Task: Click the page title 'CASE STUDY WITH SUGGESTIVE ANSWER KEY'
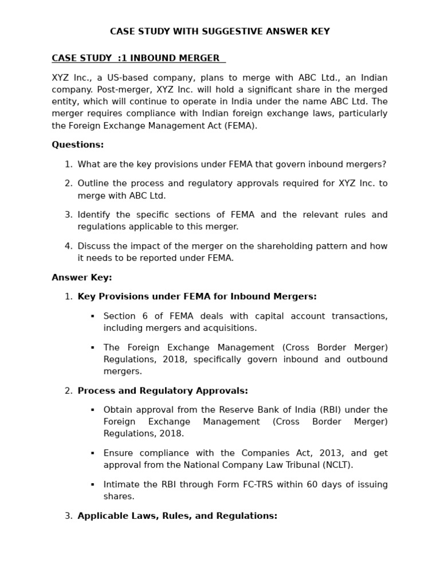coord(219,32)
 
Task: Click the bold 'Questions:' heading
coord(78,145)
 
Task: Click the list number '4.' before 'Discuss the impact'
coord(68,246)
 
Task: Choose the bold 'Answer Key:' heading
coord(82,278)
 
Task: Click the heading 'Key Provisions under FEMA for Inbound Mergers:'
coord(197,297)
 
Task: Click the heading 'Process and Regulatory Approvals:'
coord(163,391)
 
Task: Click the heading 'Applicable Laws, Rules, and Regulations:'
coord(177,516)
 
